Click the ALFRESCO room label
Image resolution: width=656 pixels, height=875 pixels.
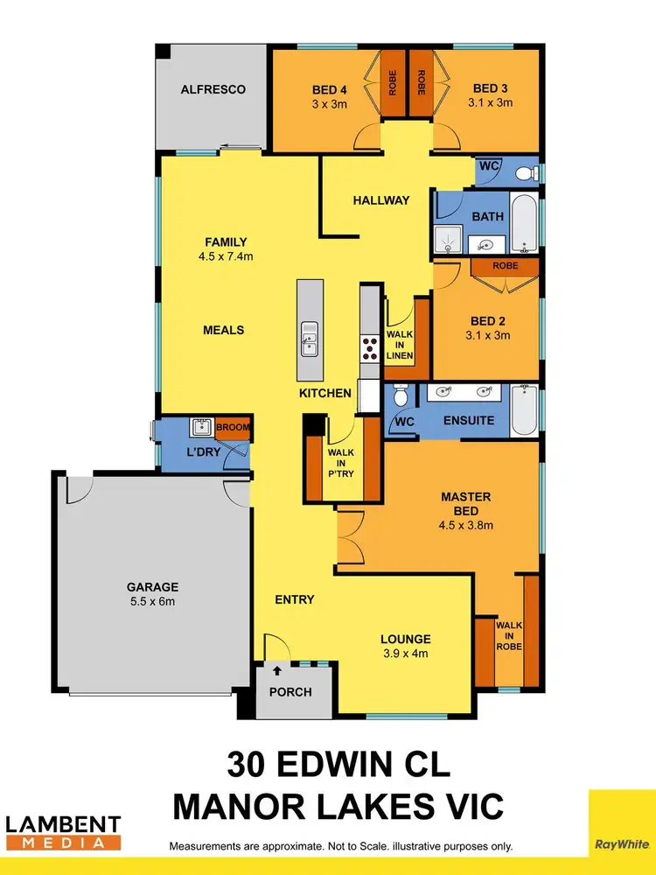(213, 89)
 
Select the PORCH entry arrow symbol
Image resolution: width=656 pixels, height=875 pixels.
(278, 671)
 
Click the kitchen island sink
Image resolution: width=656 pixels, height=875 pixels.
(309, 337)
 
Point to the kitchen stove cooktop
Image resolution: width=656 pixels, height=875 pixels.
(369, 344)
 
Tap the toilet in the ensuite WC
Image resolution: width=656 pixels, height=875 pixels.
(401, 398)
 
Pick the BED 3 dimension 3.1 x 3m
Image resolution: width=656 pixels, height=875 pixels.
(490, 102)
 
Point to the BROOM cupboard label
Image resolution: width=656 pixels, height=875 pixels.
(234, 428)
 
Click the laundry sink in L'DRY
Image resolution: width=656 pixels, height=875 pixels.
(202, 427)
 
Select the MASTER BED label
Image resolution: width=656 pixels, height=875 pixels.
(465, 503)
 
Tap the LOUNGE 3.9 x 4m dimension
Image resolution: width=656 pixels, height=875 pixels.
(405, 653)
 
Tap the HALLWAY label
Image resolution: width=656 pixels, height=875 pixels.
(380, 200)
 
